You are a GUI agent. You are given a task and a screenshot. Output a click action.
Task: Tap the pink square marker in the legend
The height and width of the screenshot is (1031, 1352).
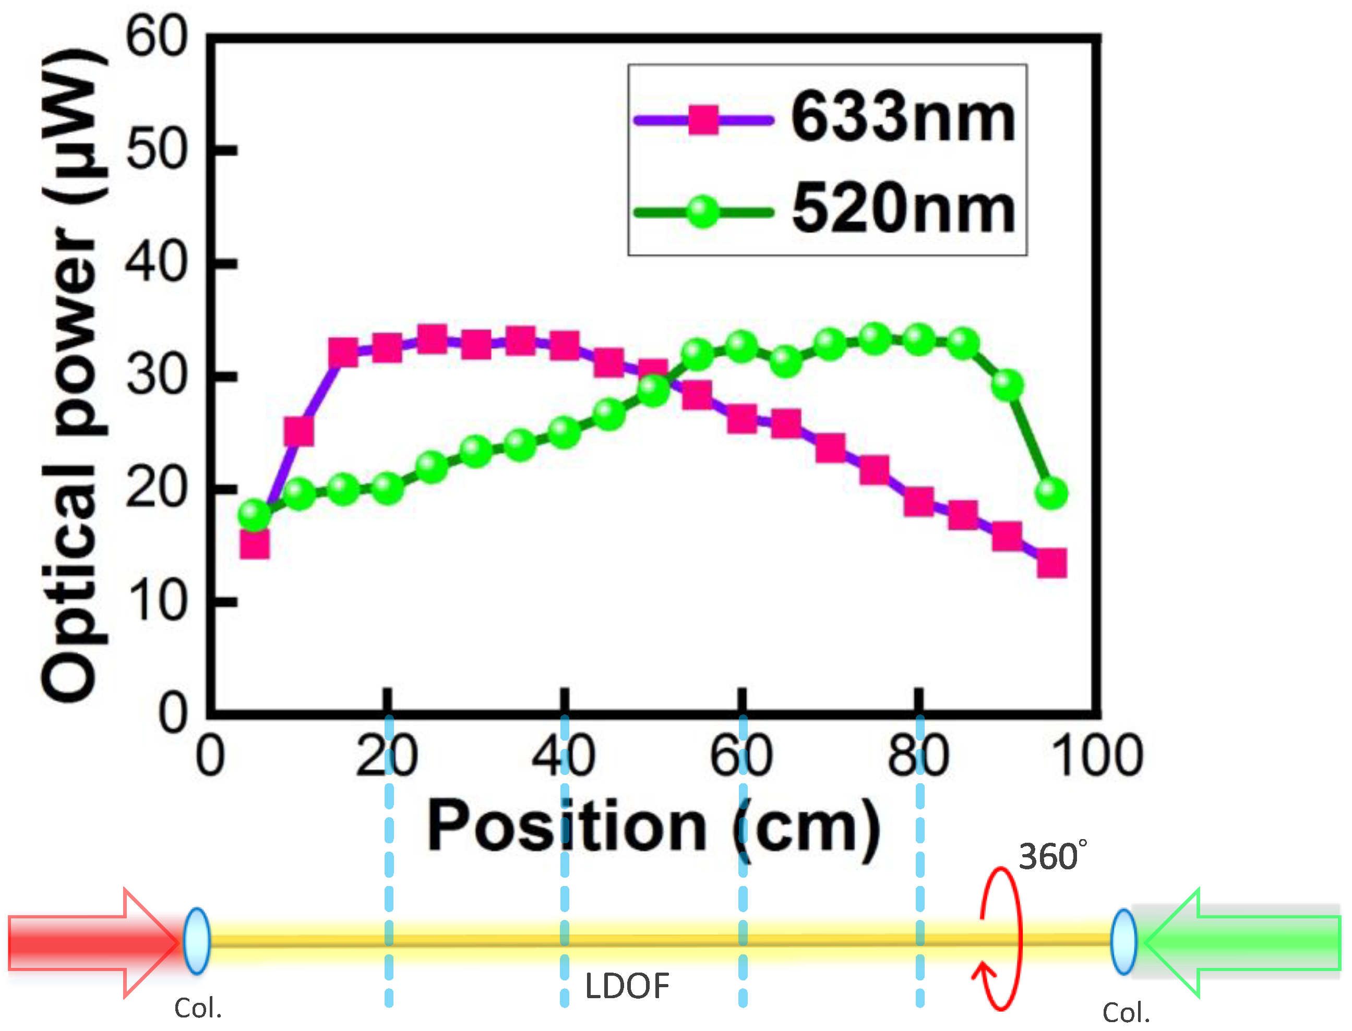703,119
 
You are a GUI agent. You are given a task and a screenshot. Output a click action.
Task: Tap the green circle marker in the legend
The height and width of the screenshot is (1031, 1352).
703,212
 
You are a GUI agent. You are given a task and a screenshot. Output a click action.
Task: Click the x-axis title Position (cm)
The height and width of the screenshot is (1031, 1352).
654,827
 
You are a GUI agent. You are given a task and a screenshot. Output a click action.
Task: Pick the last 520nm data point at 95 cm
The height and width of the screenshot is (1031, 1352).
1051,492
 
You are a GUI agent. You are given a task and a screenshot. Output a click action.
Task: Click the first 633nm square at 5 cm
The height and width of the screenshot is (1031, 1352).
254,544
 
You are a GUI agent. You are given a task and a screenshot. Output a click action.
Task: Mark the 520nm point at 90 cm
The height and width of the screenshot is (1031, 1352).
1008,385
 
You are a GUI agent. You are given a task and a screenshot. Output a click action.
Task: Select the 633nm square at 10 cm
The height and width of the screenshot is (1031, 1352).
299,431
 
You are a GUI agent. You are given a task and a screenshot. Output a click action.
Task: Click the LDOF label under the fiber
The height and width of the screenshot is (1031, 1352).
627,986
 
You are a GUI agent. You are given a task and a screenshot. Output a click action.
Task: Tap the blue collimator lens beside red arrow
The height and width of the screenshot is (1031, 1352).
197,941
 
